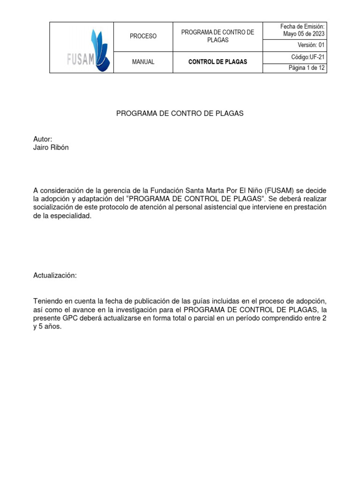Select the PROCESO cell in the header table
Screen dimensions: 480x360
pos(143,36)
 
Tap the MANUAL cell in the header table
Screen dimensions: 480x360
pos(143,62)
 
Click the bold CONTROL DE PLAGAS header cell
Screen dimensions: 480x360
pos(217,62)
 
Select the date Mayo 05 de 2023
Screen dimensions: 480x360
pos(304,34)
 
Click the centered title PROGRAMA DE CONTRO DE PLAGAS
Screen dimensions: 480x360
pos(180,114)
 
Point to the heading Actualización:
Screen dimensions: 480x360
pos(55,276)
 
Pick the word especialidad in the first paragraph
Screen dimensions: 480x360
pos(69,216)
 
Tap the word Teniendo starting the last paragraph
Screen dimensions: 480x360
pos(49,301)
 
